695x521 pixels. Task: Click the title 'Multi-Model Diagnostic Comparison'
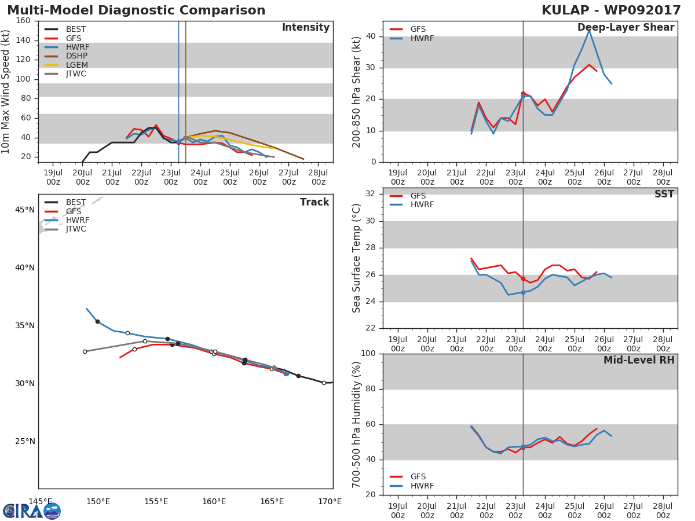pyautogui.click(x=136, y=10)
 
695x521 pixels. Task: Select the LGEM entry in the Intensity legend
pyautogui.click(x=76, y=65)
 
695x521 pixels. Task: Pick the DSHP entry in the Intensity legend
pyautogui.click(x=76, y=56)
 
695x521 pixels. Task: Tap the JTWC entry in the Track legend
pyautogui.click(x=76, y=229)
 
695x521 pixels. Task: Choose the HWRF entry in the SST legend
pyautogui.click(x=422, y=205)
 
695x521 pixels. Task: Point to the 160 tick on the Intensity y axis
pyautogui.click(x=23, y=21)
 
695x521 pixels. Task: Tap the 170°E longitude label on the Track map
pyautogui.click(x=330, y=502)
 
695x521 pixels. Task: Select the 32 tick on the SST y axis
pyautogui.click(x=370, y=194)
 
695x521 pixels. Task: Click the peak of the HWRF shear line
pyautogui.click(x=589, y=30)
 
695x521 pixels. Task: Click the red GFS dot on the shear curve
pyautogui.click(x=523, y=93)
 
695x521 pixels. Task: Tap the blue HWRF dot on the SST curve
pyautogui.click(x=523, y=292)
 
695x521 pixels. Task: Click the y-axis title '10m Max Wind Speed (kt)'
pyautogui.click(x=6, y=92)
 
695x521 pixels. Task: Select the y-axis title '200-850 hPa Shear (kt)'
pyautogui.click(x=357, y=92)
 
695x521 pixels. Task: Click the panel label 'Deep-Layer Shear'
pyautogui.click(x=625, y=28)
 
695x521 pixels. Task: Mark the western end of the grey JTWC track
pyautogui.click(x=85, y=351)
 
